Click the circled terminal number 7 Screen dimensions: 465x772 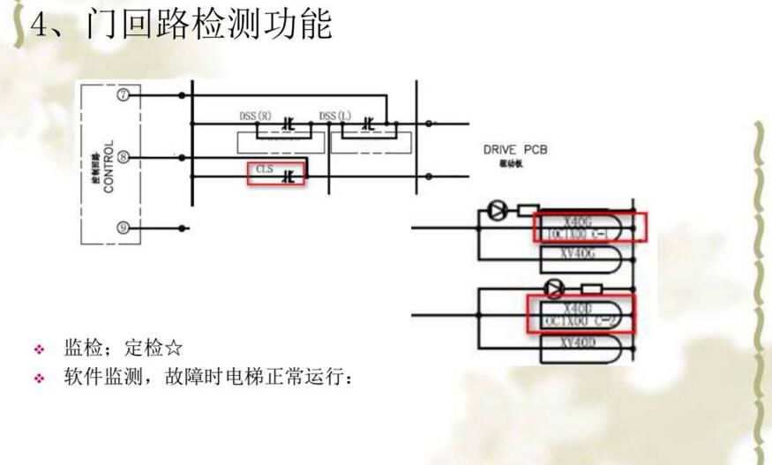(124, 95)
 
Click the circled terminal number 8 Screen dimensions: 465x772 (124, 158)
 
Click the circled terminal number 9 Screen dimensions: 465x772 (124, 228)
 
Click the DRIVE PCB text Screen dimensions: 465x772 (515, 150)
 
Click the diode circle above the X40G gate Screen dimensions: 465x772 (495, 212)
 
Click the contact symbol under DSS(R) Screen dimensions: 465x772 (287, 128)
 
